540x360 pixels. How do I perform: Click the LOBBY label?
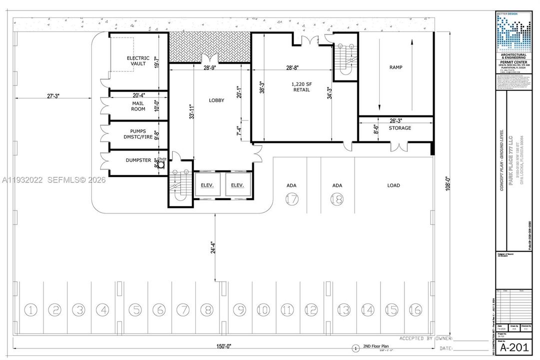[x=216, y=100]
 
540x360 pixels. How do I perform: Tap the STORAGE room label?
[x=400, y=128]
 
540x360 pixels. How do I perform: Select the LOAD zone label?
[x=394, y=185]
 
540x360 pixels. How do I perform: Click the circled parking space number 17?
[x=292, y=198]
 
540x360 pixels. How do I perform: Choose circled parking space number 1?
[x=31, y=310]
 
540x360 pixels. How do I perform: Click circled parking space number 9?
[x=240, y=310]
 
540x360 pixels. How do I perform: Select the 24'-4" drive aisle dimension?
[x=213, y=248]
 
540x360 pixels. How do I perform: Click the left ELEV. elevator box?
[x=207, y=185]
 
